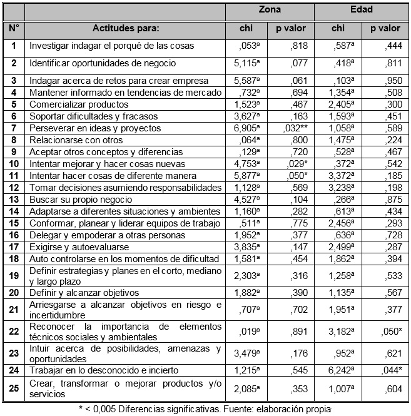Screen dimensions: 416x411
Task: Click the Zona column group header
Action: pos(270,10)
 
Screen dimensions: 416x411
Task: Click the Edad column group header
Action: pos(362,10)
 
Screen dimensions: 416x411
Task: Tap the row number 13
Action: pos(14,200)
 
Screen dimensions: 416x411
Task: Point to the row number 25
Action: pos(14,388)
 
